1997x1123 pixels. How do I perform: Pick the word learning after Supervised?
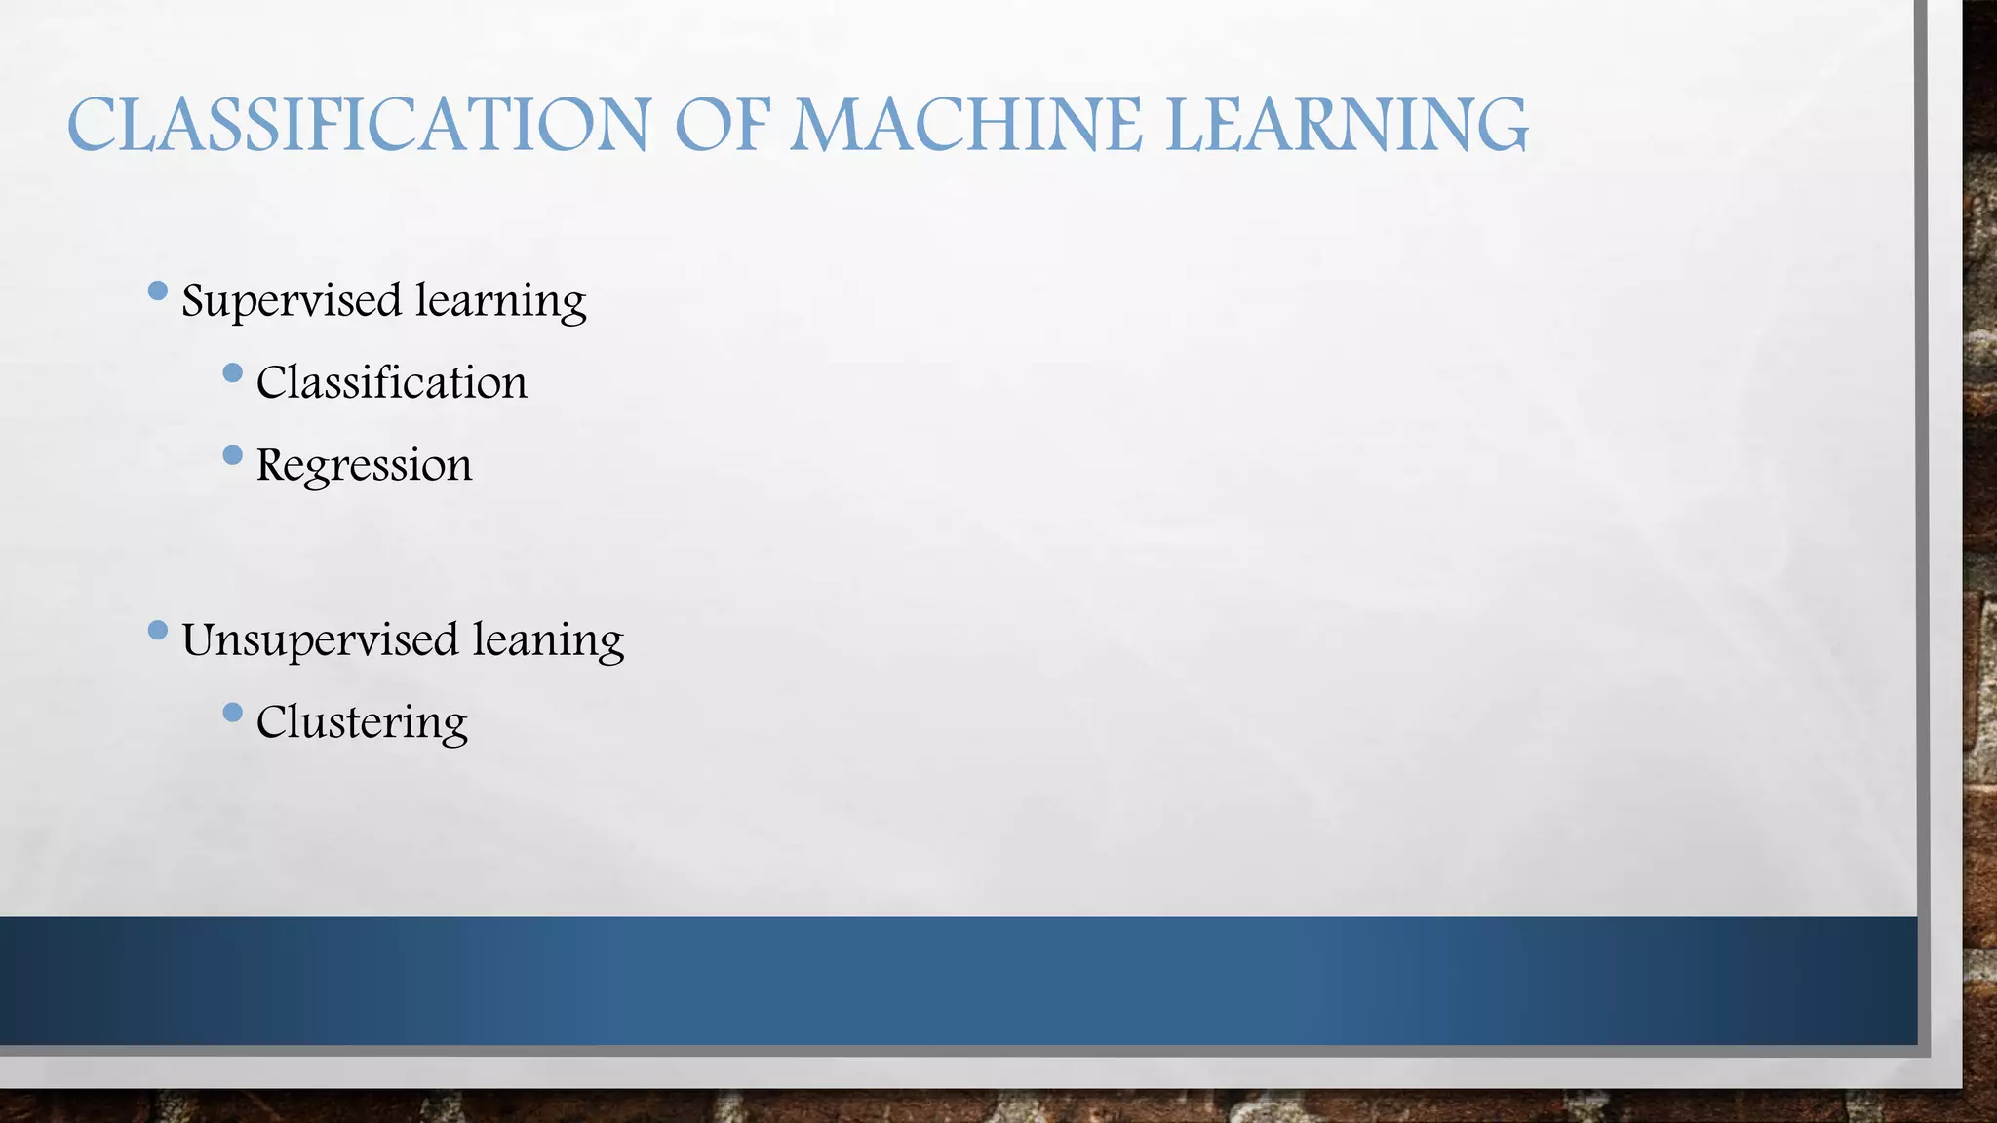(501, 300)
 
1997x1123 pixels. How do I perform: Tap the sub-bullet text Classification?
(391, 382)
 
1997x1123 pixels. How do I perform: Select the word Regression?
(364, 465)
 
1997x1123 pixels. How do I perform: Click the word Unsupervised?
(320, 640)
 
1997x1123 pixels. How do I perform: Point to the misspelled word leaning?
(548, 640)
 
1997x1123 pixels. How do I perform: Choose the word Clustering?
(362, 722)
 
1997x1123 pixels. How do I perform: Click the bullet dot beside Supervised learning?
(158, 290)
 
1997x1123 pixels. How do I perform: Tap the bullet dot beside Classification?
(232, 372)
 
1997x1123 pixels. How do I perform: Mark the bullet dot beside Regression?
(232, 454)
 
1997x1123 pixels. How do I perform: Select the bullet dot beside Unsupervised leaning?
(158, 631)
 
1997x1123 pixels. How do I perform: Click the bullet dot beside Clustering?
(232, 713)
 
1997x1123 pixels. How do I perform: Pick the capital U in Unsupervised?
(203, 640)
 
